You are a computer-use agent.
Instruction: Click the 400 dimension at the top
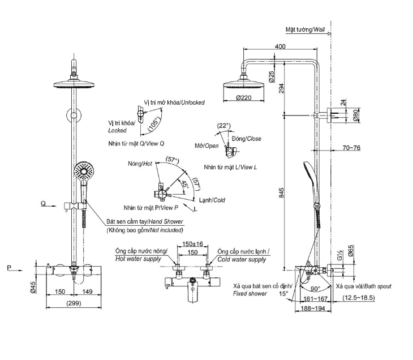(279, 46)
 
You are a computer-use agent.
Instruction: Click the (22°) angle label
(223, 126)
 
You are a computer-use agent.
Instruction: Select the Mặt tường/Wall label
(306, 29)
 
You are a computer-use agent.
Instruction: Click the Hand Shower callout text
(144, 222)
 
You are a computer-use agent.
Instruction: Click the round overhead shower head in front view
(74, 83)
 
